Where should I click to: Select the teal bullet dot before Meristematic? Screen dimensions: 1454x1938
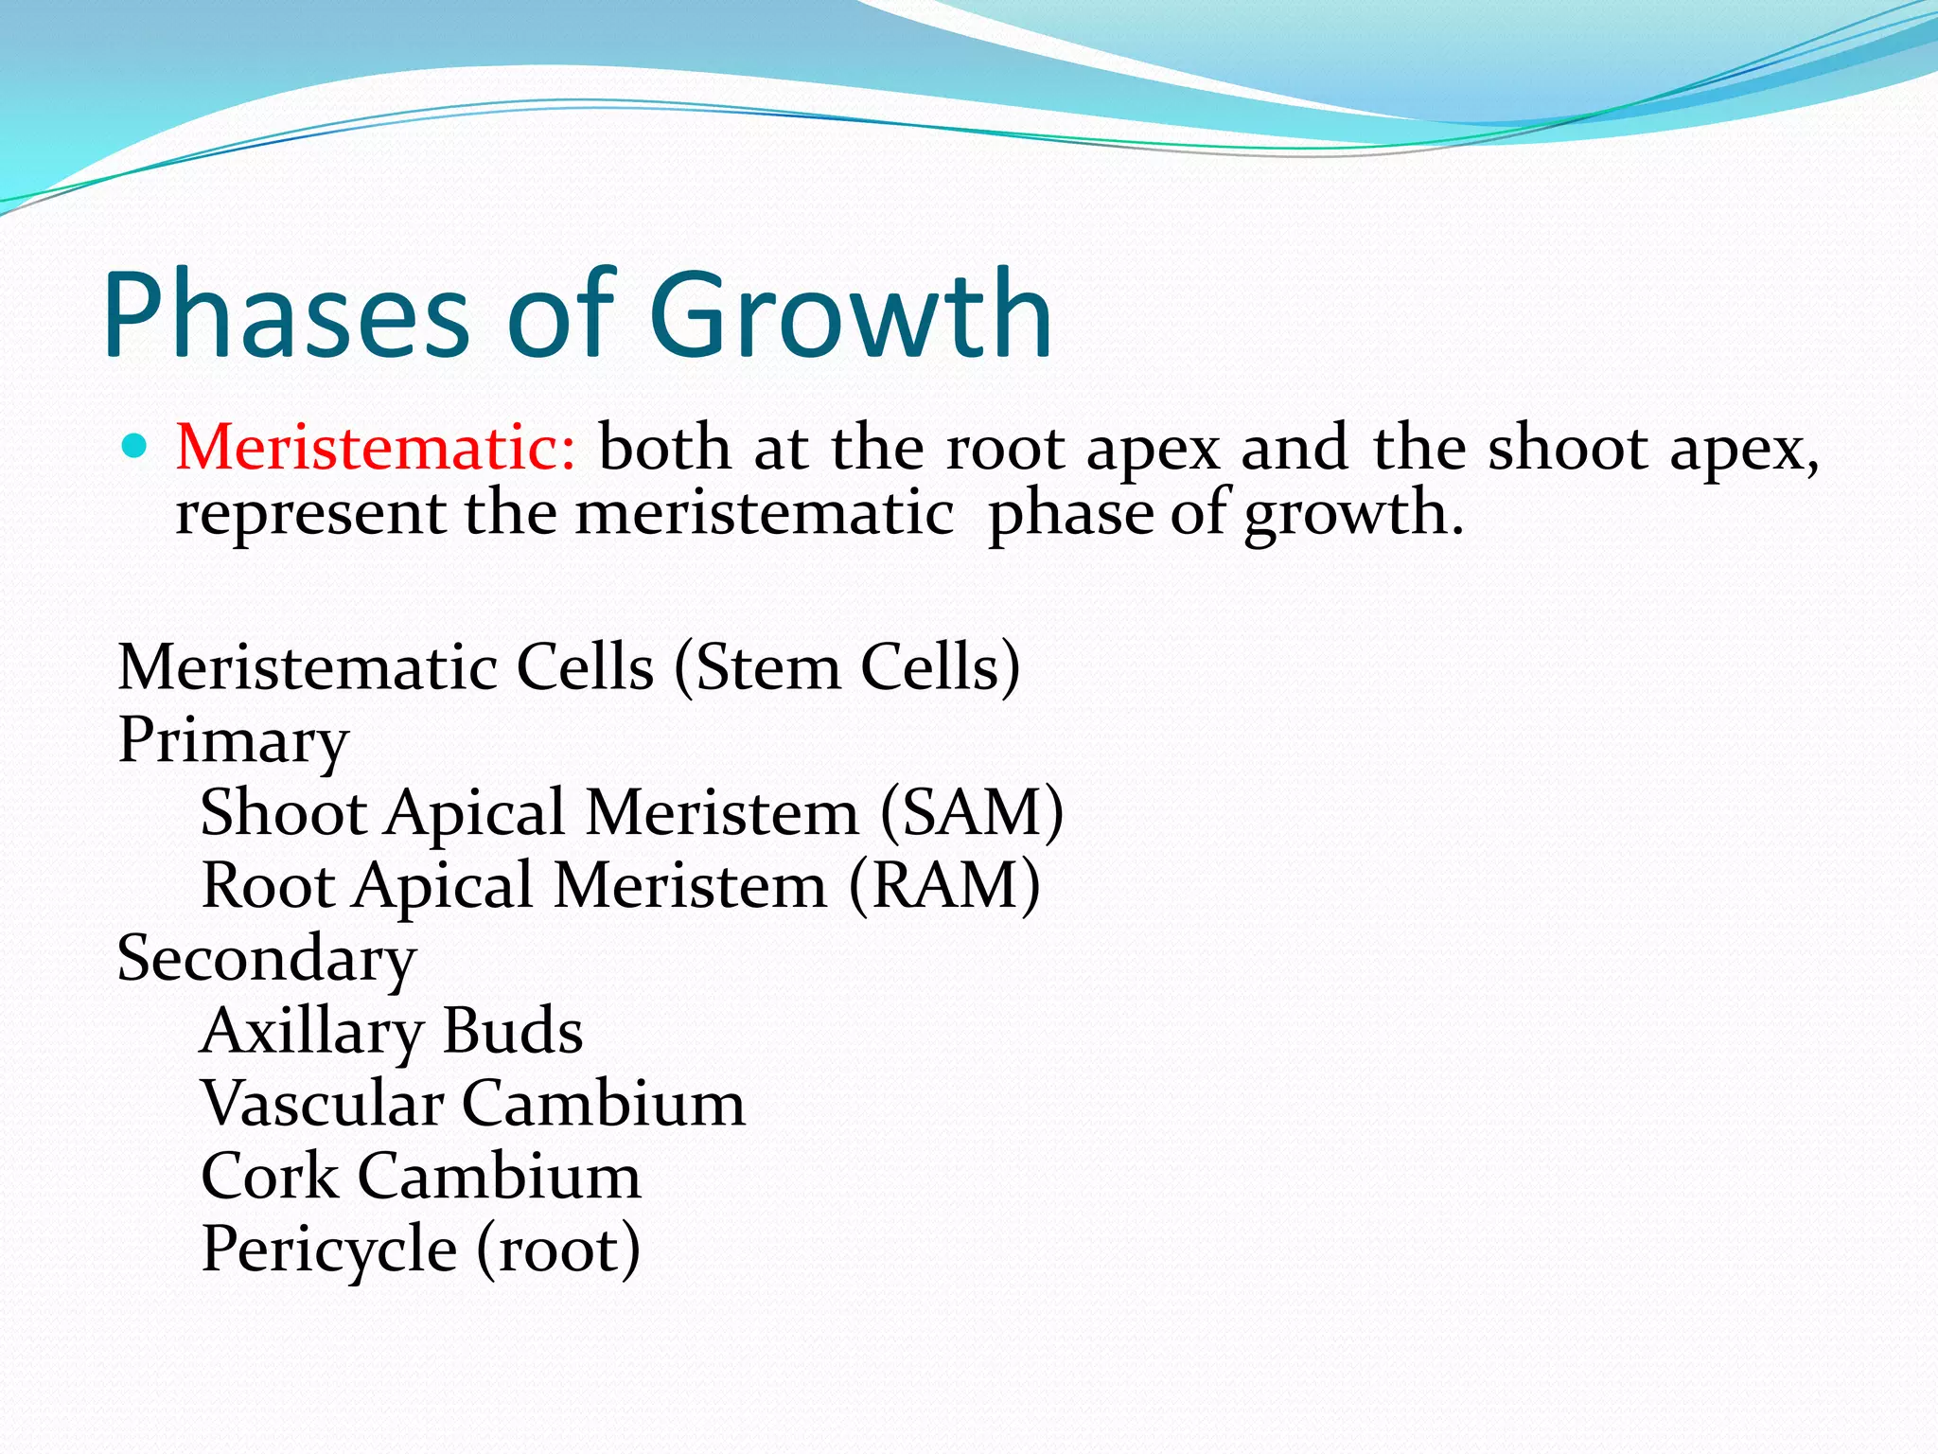[136, 445]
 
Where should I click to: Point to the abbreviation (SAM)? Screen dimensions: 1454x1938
[972, 812]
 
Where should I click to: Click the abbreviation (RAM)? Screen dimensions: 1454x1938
[944, 885]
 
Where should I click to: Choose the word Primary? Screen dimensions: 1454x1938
[233, 740]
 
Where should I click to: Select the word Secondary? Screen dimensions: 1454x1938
[267, 958]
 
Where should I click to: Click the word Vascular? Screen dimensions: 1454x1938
[322, 1104]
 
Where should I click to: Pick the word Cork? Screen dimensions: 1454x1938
[270, 1177]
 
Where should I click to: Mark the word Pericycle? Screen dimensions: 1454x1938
[329, 1250]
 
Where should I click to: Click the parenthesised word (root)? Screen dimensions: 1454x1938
[558, 1250]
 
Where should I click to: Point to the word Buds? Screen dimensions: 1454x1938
[512, 1031]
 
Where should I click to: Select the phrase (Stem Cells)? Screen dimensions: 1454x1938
[847, 667]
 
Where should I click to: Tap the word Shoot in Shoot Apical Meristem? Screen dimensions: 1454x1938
[283, 812]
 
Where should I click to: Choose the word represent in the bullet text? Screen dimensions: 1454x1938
[309, 514]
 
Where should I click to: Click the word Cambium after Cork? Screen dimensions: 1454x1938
[499, 1177]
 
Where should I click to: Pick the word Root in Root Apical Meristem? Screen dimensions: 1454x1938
[268, 885]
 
